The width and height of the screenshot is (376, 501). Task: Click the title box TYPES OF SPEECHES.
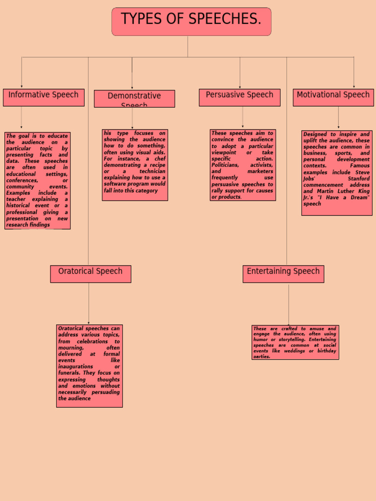coord(191,22)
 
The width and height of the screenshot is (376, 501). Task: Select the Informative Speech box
coord(44,97)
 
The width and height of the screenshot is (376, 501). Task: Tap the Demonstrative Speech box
coord(134,98)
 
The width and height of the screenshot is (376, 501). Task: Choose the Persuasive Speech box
coord(239,97)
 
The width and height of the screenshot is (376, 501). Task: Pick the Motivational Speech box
coord(333,97)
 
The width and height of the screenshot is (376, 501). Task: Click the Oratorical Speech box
coord(91,274)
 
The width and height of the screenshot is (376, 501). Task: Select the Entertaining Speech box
coord(283,274)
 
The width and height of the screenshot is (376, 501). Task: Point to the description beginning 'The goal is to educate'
coord(37,181)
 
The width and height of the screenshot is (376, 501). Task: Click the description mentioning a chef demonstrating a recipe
coord(135,165)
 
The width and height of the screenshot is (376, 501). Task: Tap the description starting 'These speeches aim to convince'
coord(242,165)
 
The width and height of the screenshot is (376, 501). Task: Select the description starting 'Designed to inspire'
coord(336,173)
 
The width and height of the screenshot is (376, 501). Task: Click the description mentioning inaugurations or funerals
coord(89,366)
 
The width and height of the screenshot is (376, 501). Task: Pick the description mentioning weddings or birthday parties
coord(295,342)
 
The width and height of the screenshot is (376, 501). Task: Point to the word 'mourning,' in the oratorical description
coord(70,348)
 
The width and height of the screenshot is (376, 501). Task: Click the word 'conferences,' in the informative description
coord(22,181)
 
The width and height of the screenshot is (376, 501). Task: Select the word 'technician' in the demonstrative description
coord(152,172)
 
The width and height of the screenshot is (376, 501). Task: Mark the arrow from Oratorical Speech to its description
coord(89,303)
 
